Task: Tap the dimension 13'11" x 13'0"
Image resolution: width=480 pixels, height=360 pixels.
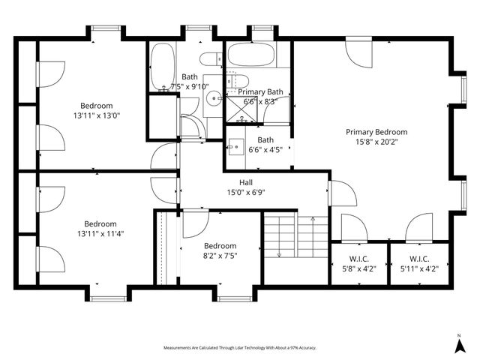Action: [97, 116]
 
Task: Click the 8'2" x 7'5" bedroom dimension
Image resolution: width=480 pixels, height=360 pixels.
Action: [220, 256]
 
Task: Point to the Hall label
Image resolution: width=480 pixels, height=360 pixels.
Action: [246, 182]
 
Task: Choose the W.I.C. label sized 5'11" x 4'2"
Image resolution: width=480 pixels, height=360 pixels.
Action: [419, 259]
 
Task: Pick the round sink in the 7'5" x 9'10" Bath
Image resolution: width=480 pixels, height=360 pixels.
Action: [214, 96]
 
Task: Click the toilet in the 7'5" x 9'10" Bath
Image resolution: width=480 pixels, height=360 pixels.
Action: [208, 57]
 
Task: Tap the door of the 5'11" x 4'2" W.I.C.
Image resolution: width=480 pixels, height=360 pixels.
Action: [418, 226]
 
